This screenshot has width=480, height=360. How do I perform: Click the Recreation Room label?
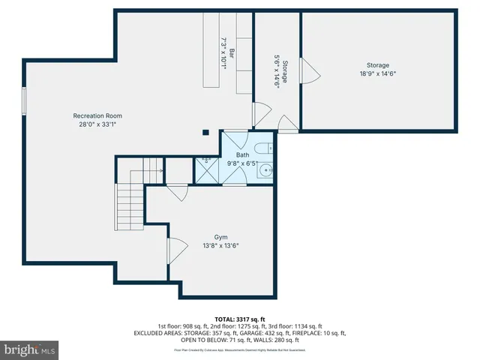click(x=97, y=115)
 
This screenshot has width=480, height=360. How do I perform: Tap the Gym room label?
click(x=220, y=237)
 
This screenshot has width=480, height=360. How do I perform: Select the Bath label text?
click(x=243, y=154)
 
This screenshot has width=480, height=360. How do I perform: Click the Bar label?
click(x=232, y=53)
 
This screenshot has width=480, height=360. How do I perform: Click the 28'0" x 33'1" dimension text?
click(x=97, y=124)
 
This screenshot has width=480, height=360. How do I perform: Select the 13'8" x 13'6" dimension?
click(x=220, y=245)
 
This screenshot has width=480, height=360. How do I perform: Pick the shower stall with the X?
click(x=205, y=170)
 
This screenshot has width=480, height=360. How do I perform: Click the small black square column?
click(x=205, y=133)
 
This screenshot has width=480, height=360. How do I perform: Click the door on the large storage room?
click(x=310, y=72)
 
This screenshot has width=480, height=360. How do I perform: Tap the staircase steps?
click(x=124, y=206)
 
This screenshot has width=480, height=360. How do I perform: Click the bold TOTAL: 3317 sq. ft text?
click(x=240, y=319)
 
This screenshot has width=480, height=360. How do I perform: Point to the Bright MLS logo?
click(x=30, y=350)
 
